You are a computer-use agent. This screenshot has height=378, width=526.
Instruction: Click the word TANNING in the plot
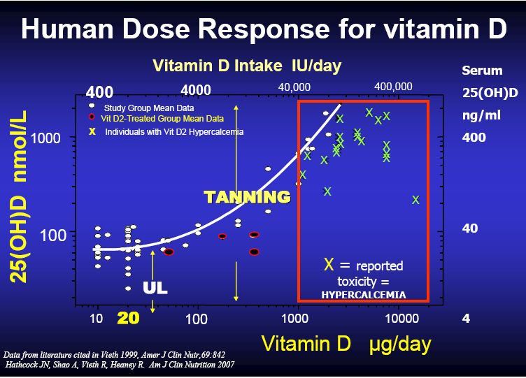pos(247,197)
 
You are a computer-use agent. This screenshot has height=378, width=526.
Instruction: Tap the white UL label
pos(155,288)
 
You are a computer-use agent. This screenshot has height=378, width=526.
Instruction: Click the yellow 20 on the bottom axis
pos(128,318)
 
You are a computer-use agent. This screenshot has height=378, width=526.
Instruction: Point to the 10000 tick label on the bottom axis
pos(402,318)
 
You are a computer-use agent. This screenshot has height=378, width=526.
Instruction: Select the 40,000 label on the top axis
pos(294,87)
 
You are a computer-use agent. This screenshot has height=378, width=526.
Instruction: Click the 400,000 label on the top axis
pos(393,87)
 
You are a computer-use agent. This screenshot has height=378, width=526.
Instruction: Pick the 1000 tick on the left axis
pos(45,138)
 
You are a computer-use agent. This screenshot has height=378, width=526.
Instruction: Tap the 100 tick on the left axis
pos(53,235)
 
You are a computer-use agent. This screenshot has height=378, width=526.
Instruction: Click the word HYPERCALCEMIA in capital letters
pos(364,295)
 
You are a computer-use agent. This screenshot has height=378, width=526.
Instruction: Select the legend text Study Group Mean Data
pos(149,108)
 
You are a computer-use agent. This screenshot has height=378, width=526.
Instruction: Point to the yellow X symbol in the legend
pos(92,131)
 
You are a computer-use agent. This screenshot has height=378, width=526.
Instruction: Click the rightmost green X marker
pos(415,200)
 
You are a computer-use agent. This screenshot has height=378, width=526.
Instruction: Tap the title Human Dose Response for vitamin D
pos(264,29)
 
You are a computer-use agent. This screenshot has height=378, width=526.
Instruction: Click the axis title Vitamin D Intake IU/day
pos(247,66)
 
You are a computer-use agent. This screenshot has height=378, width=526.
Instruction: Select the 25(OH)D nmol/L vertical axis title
pos(18,197)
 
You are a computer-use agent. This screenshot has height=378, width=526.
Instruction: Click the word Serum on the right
pos(482,71)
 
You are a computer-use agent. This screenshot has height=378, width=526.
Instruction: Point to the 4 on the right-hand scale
pos(466,318)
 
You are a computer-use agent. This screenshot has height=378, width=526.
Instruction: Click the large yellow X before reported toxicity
pos(329,264)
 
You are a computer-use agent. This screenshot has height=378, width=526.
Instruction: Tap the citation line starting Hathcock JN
pos(120,365)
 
